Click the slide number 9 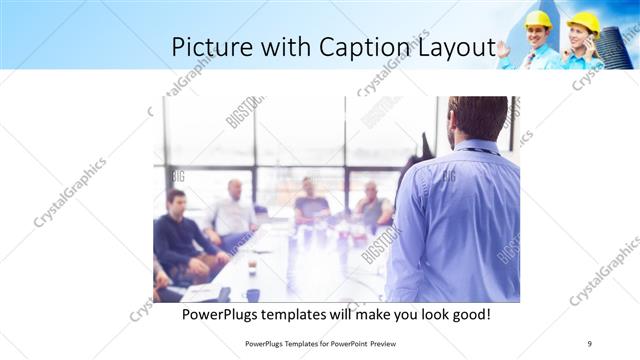(590, 343)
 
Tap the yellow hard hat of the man (538, 19)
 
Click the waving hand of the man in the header (504, 48)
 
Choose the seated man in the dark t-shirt (311, 205)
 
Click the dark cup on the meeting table (252, 295)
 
